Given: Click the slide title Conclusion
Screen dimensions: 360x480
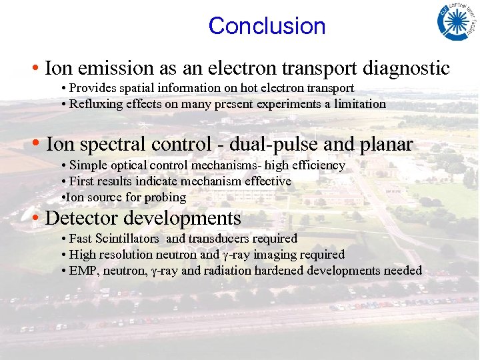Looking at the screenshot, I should coord(267,26).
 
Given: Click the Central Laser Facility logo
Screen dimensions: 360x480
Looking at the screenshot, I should coord(457,21).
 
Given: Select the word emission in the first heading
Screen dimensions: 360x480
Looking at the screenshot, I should coord(115,68).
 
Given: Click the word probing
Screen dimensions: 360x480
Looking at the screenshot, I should coord(165,197).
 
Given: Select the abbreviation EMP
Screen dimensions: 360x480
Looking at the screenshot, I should coord(83,271).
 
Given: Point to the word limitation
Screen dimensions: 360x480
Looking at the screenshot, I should coord(361,104).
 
